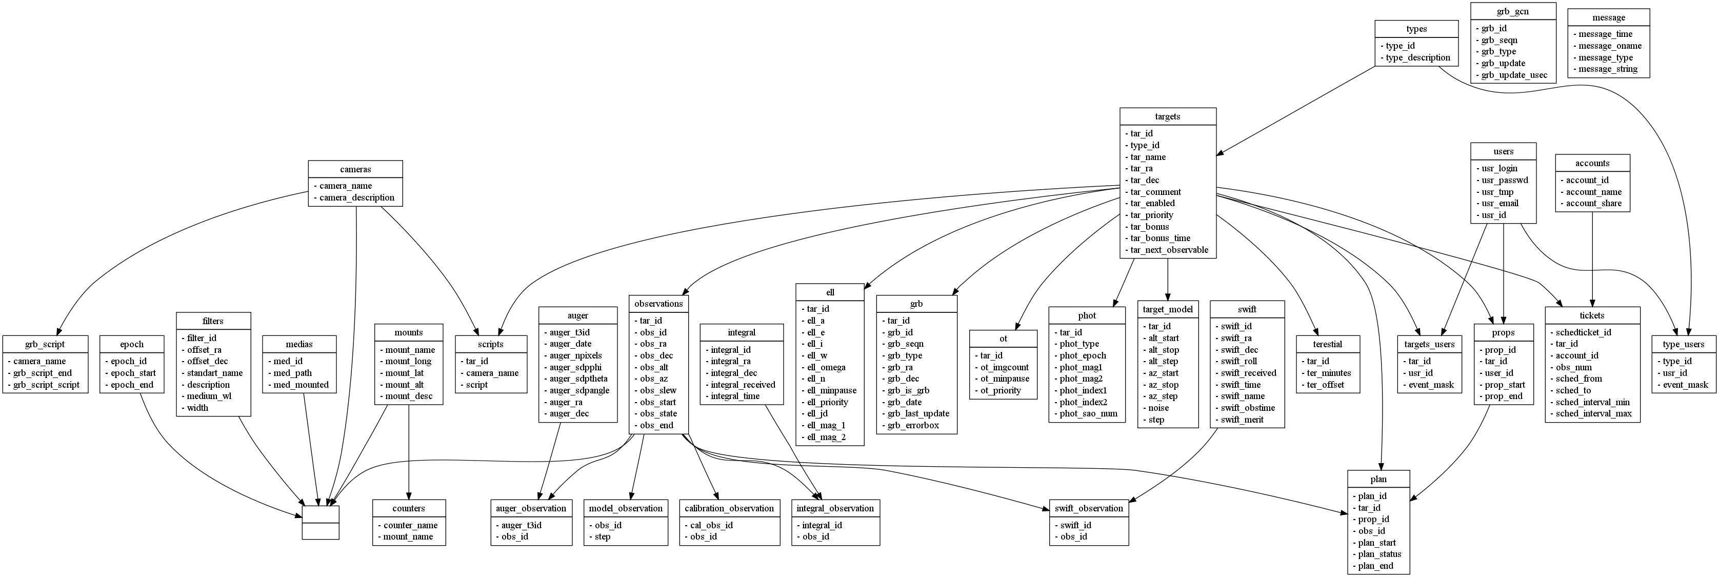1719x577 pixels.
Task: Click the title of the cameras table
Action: (355, 169)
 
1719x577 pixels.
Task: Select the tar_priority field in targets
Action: (1151, 215)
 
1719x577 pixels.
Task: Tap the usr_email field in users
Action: (1500, 204)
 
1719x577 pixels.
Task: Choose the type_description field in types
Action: (1418, 57)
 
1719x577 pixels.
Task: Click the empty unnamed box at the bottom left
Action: (321, 522)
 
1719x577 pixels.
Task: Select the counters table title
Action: (408, 508)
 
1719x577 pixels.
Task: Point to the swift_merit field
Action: (1242, 420)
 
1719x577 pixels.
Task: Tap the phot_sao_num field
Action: (1088, 413)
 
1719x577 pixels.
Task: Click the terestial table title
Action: (1327, 344)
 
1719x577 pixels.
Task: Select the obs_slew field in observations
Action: (658, 390)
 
